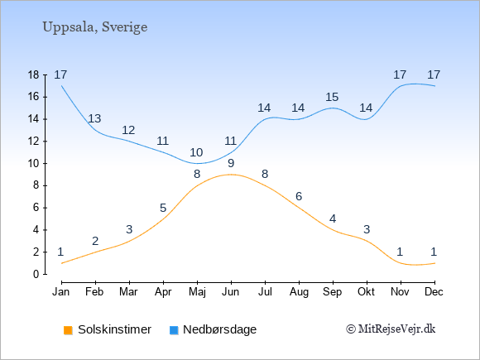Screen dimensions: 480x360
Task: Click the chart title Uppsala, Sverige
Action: tap(95, 27)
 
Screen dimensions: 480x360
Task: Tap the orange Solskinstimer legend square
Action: tap(68, 330)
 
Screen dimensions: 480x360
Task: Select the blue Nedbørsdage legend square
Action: tap(174, 330)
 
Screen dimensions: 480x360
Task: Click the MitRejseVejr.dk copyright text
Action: tap(391, 329)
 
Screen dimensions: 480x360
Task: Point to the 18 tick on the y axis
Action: tap(33, 75)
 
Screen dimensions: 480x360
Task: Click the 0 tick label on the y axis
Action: tap(36, 274)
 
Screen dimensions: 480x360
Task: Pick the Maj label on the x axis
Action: tap(197, 292)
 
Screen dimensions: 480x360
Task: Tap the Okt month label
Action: tap(367, 292)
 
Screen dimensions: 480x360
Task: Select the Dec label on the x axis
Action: tap(434, 292)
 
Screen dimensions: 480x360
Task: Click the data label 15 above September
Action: tap(332, 98)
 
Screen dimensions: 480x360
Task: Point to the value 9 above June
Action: tap(231, 164)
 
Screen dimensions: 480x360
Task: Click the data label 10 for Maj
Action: tap(196, 152)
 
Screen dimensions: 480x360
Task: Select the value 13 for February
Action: tap(94, 119)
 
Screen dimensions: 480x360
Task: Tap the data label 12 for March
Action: tap(128, 131)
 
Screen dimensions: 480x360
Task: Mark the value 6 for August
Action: tap(299, 196)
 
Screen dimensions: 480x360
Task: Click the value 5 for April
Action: tap(163, 209)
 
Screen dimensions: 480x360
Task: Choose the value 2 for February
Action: tap(95, 241)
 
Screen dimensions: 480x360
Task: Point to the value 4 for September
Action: tap(333, 218)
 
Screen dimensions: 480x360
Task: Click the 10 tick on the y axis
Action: tap(33, 164)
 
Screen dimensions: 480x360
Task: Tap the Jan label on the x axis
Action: tap(61, 292)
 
